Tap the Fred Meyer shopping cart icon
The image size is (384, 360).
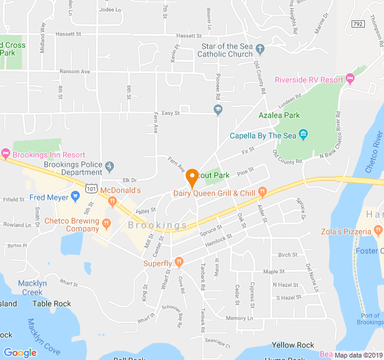(75, 196)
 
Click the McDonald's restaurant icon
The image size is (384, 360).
(112, 202)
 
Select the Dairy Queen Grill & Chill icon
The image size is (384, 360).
(262, 193)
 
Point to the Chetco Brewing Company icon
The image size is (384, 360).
(106, 224)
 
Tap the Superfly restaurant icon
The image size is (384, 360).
(179, 263)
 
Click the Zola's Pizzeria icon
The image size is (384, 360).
(377, 229)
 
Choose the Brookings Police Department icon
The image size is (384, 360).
(109, 166)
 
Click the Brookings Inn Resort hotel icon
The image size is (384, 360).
(6, 154)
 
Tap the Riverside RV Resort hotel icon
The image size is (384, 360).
(350, 79)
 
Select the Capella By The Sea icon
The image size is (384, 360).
(303, 135)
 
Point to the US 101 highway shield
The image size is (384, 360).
(91, 188)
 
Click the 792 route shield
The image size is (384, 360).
(358, 23)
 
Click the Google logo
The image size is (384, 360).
(20, 353)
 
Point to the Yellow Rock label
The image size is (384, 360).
(293, 345)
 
